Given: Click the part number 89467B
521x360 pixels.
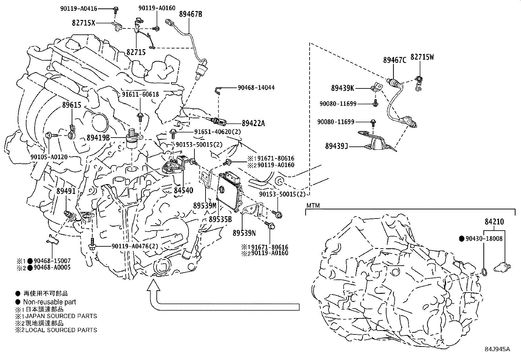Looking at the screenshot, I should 190,14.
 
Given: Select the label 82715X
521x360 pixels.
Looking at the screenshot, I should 84,23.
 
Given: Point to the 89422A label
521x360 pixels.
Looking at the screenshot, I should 253,123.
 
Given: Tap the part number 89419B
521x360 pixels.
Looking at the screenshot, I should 98,138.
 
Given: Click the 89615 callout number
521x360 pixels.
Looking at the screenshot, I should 71,105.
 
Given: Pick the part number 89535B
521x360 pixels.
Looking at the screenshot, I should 220,219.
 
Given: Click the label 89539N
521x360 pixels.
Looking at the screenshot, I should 244,233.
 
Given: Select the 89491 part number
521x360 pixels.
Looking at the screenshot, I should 65,191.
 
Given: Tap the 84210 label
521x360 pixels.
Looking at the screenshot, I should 494,222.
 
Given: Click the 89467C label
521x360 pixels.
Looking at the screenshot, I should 395,60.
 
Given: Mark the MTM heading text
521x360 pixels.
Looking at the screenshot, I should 313,206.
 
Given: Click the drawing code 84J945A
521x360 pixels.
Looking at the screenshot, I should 497,349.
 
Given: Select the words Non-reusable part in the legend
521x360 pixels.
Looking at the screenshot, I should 49,302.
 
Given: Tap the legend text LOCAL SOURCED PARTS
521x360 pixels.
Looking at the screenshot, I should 61,330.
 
